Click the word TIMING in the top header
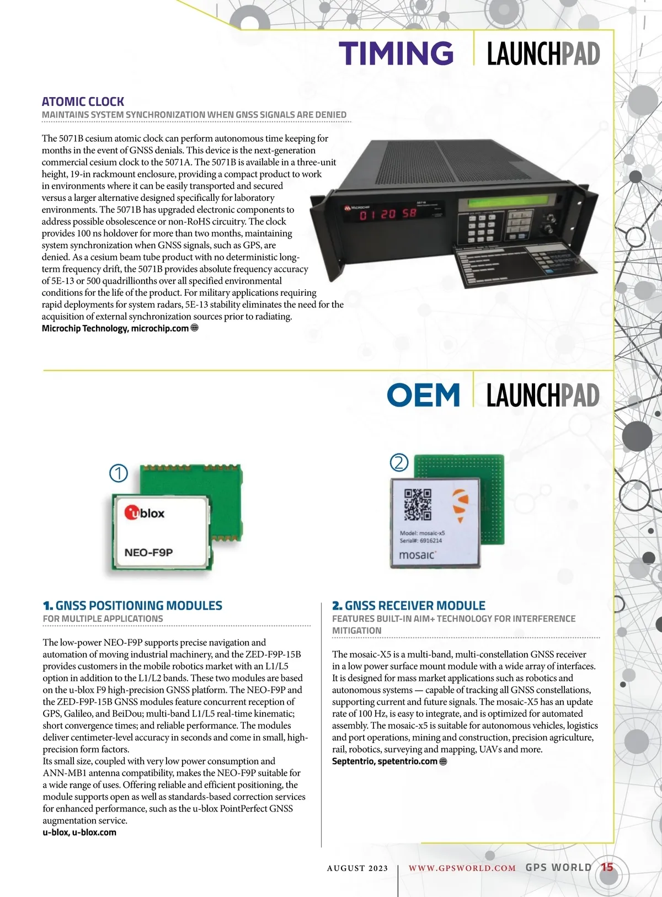[x=396, y=54]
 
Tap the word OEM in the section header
[x=423, y=395]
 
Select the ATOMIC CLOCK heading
[x=83, y=102]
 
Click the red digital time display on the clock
[x=388, y=213]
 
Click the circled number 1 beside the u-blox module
[x=119, y=473]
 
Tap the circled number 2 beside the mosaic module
[x=399, y=462]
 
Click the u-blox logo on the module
[x=145, y=513]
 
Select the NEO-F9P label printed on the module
[x=148, y=552]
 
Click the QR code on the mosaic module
[x=418, y=504]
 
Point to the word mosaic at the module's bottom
[x=417, y=555]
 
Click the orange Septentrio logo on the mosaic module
[x=461, y=506]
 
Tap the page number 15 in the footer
[x=607, y=867]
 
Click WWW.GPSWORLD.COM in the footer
[x=462, y=868]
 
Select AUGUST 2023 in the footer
[x=357, y=868]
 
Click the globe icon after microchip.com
[x=194, y=328]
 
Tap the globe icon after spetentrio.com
[x=443, y=761]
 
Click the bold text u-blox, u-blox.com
[x=79, y=832]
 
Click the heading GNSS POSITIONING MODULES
[x=138, y=605]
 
